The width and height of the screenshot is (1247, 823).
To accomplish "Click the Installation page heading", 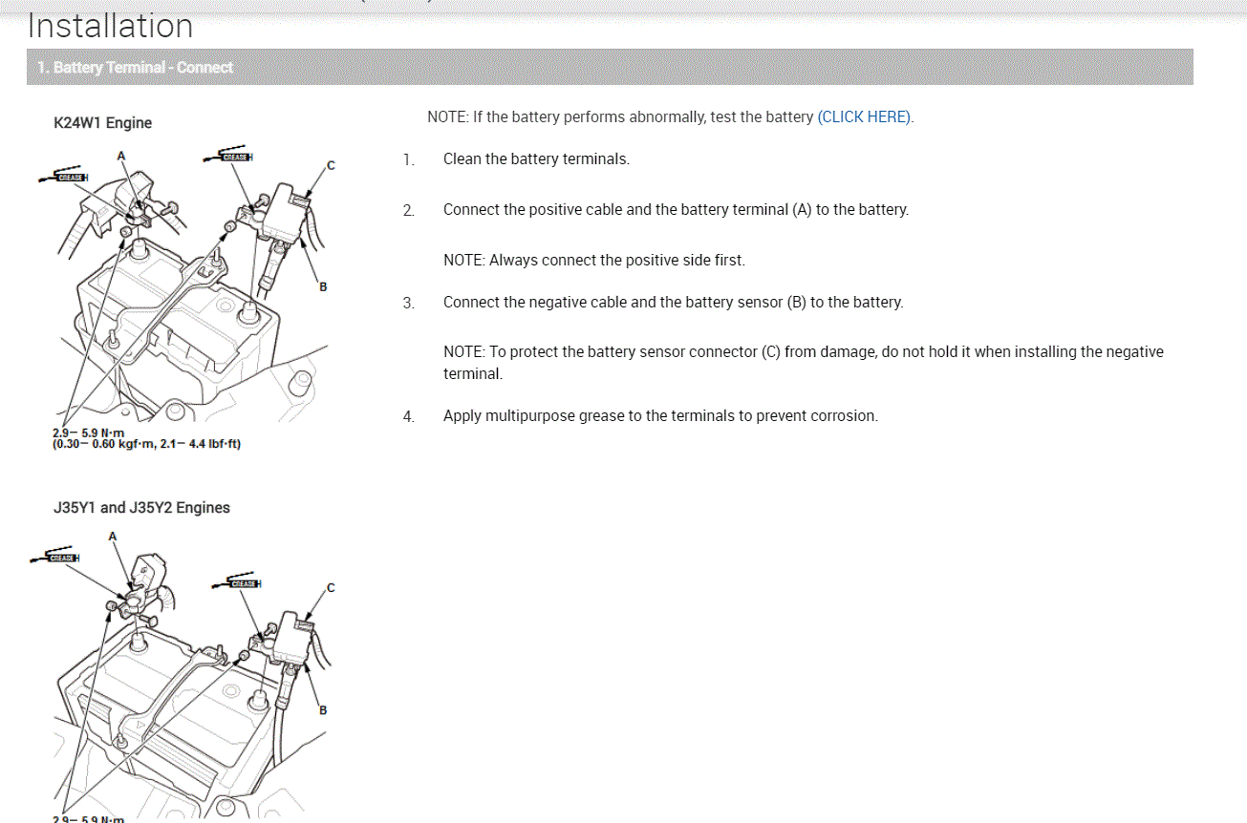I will pos(110,26).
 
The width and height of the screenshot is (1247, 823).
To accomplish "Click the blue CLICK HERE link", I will pos(865,117).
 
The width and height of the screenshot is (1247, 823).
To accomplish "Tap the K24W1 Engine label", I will pos(103,123).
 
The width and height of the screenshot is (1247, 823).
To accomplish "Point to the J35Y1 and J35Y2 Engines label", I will pos(141,508).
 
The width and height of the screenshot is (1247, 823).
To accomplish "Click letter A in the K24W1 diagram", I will pos(121,155).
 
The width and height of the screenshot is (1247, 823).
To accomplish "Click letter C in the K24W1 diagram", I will pos(331,165).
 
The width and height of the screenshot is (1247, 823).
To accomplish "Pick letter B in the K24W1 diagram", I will pos(323,286).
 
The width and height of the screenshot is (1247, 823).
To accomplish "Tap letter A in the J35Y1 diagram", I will pos(113,537).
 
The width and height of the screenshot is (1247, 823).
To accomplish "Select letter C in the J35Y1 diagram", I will pos(331,588).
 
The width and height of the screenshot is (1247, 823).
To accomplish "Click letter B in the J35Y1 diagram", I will pos(323,709).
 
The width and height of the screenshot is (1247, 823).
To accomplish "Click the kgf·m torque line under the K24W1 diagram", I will pos(146,445).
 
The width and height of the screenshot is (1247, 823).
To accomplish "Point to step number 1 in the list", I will pos(409,160).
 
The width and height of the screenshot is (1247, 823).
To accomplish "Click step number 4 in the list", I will pos(409,417).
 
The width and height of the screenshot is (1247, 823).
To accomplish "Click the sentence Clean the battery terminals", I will pos(536,159).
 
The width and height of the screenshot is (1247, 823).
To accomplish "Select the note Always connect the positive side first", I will pos(593,260).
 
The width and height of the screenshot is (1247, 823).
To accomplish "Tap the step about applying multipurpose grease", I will pos(659,416).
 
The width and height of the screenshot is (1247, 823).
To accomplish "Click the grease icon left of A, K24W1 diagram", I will pos(67,177).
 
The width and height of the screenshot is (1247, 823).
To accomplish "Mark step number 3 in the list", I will pos(409,304).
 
